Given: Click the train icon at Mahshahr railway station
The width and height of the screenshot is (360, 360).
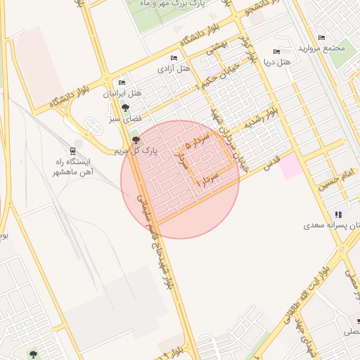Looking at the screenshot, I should click(x=73, y=150).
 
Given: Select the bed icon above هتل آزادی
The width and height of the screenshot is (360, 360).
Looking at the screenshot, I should click(x=174, y=58).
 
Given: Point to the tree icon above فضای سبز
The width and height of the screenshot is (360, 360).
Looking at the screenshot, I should click(x=125, y=108).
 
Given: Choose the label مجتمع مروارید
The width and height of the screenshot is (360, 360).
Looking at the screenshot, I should click(x=323, y=49).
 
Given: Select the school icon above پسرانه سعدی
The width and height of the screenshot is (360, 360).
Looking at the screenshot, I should click(x=338, y=214).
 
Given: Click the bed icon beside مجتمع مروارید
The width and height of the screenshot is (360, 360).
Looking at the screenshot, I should click(x=322, y=37).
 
